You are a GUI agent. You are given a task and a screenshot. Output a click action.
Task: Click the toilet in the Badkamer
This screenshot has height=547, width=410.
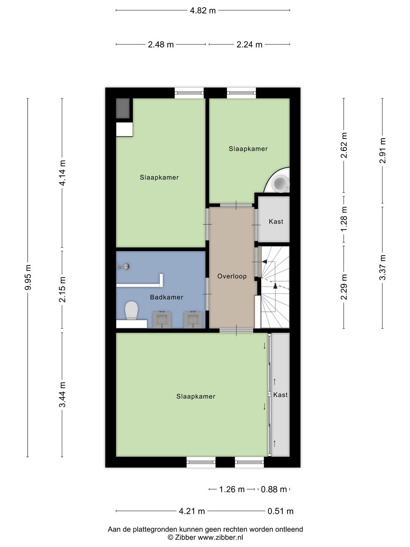(131, 310)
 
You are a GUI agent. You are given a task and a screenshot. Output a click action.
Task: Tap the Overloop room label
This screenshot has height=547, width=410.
(232, 276)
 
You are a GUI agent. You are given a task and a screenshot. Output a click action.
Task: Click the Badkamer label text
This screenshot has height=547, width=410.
(167, 297)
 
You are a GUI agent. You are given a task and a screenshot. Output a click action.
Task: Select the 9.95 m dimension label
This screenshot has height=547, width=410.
(28, 278)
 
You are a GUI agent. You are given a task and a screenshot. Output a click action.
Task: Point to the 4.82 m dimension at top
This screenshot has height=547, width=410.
(203, 10)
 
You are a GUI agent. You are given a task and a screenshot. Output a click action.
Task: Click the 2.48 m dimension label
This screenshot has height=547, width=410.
(161, 44)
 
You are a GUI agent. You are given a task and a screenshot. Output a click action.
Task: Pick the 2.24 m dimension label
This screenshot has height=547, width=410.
(249, 44)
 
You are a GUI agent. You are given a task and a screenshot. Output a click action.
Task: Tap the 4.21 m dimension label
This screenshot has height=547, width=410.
(192, 511)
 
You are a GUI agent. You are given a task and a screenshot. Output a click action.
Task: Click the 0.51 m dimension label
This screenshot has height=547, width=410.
(281, 511)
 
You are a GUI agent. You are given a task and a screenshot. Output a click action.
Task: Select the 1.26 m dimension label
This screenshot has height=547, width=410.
(232, 489)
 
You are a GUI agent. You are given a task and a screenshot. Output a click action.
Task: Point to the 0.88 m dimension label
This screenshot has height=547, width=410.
(274, 489)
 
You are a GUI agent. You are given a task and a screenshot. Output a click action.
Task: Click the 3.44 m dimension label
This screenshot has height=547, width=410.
(62, 395)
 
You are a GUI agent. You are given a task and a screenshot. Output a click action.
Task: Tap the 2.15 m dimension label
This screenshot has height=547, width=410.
(62, 289)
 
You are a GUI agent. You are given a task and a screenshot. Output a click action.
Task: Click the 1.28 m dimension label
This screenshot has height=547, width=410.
(344, 219)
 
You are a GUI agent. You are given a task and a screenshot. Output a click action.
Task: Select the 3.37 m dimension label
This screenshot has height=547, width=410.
(382, 267)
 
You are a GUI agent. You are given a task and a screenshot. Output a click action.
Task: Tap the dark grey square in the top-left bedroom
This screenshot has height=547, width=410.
(123, 108)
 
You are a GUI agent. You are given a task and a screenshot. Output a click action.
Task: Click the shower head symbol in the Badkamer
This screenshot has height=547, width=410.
(127, 267)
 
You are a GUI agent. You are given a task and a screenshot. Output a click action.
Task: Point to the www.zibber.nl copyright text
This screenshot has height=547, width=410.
(205, 538)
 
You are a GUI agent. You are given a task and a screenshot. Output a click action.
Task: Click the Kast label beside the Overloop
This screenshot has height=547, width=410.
(276, 221)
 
